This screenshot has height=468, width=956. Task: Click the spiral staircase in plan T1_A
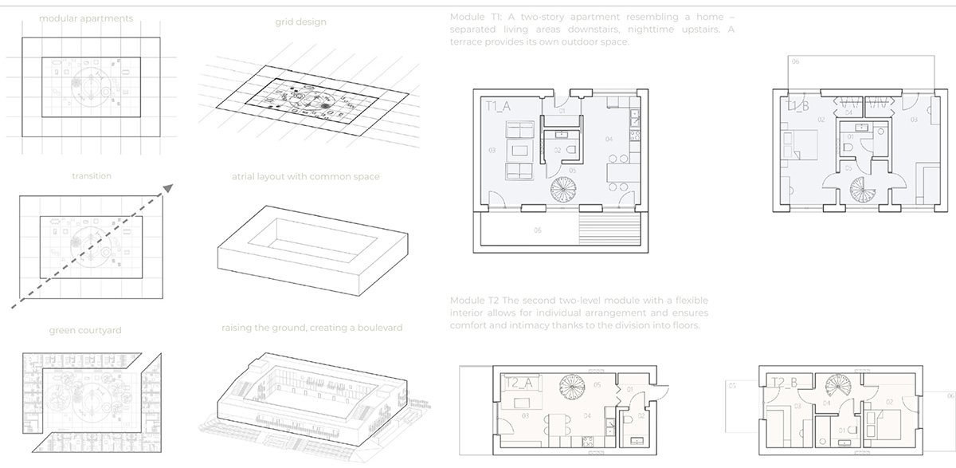tap(566, 191)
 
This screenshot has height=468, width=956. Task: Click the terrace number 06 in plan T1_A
tap(537, 230)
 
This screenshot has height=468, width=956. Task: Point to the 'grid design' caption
tap(301, 22)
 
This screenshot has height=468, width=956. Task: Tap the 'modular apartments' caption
tap(86, 18)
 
